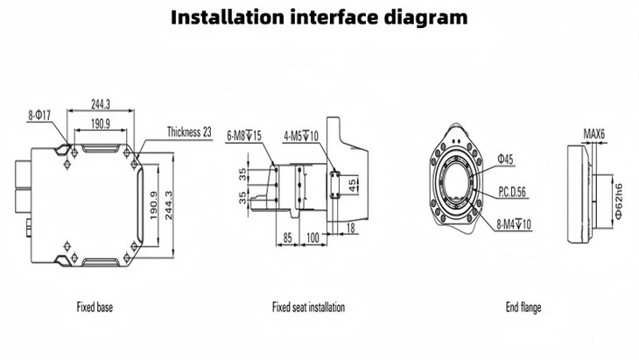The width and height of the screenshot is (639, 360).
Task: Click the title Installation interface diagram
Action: (319, 18)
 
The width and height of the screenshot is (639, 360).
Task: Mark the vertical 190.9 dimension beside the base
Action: (153, 204)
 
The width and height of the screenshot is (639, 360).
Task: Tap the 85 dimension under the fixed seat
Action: (287, 236)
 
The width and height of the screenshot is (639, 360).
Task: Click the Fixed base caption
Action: (94, 307)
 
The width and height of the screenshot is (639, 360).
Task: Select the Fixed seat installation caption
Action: (308, 307)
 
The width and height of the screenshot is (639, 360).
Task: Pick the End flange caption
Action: (523, 307)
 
